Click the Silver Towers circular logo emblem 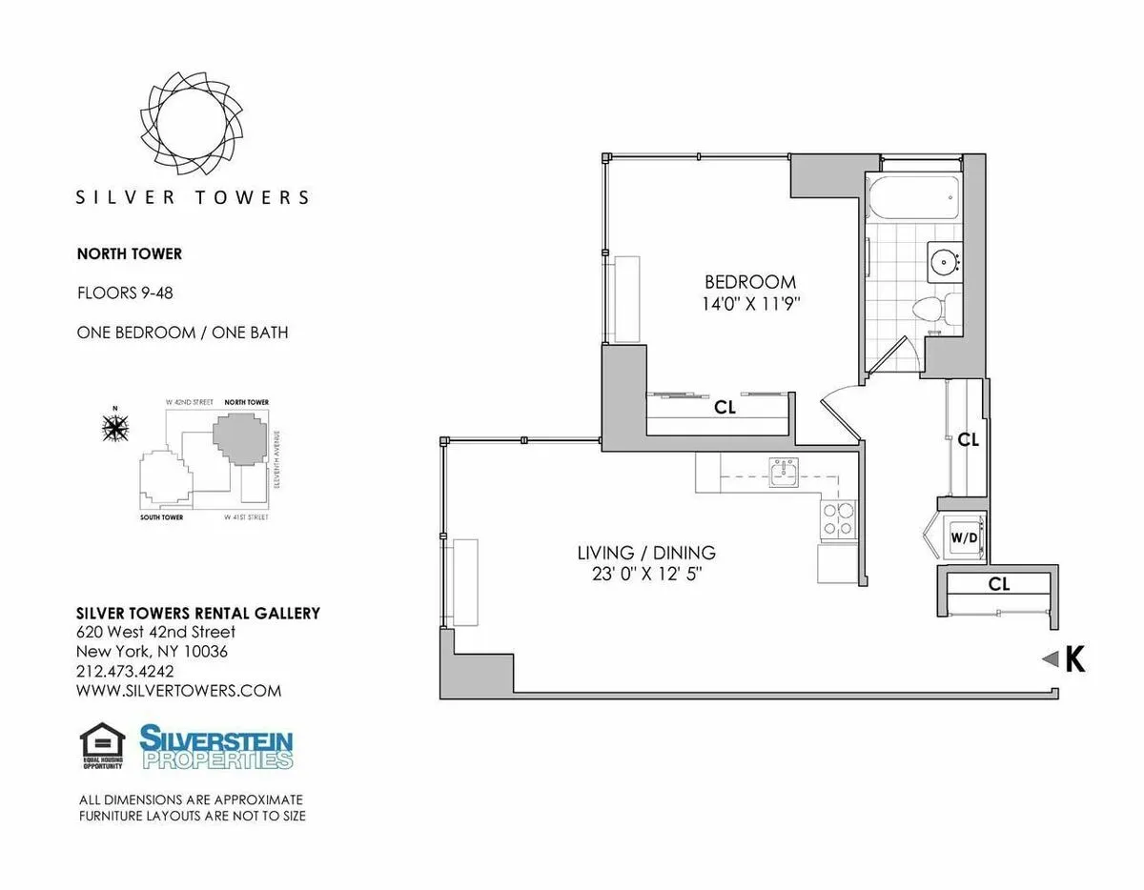pos(192,123)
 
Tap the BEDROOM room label pos(749,282)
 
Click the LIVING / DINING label pos(645,553)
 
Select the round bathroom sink pos(945,258)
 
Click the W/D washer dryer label pos(962,537)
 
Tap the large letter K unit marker pos(1074,659)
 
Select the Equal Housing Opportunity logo pos(102,746)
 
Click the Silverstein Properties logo pos(216,746)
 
